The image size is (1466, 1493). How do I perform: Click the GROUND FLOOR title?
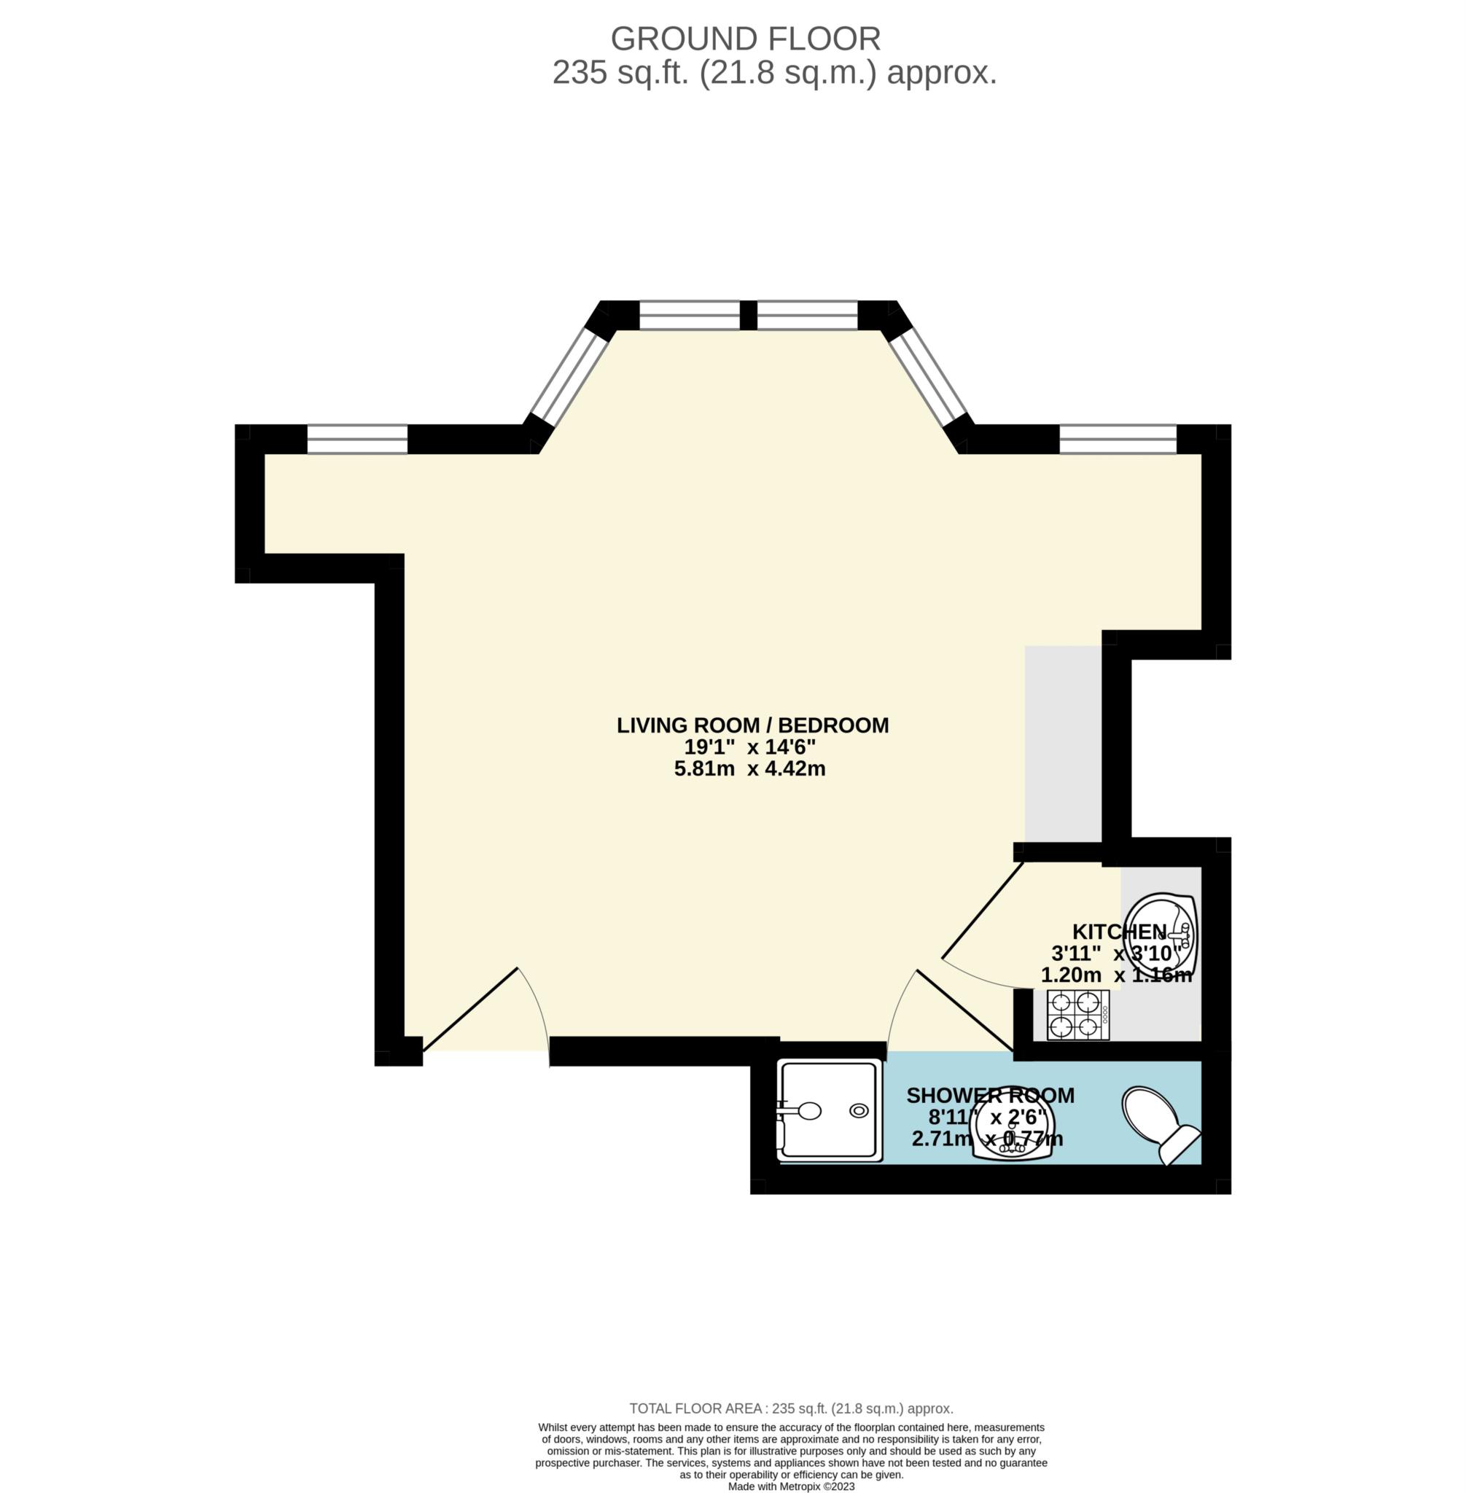tap(744, 39)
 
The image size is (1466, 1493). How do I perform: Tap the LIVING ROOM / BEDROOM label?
tap(752, 725)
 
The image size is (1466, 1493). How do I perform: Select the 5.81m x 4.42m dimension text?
tap(749, 768)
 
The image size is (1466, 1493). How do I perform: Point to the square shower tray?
tap(830, 1110)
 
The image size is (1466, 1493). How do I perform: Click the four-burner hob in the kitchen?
tap(1077, 1015)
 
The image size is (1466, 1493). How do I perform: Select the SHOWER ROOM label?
tap(989, 1095)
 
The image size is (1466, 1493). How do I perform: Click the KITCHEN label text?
tap(1119, 932)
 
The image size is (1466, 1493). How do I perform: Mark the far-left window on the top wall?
tap(357, 439)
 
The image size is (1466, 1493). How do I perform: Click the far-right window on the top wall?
tap(1118, 439)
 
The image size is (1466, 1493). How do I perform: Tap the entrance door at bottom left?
tap(469, 1009)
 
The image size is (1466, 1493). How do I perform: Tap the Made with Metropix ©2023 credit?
tap(791, 1487)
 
